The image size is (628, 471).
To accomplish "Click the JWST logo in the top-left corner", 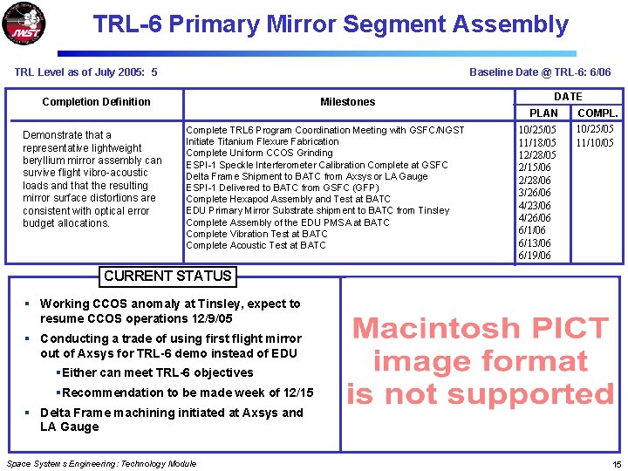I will (25, 25).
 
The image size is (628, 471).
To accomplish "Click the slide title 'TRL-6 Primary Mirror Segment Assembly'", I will (331, 24).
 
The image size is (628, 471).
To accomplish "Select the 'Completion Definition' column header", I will (96, 102).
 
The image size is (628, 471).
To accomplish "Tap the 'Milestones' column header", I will (347, 102).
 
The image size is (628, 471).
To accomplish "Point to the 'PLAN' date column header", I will (543, 113).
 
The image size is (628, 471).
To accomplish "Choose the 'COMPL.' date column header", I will (597, 113).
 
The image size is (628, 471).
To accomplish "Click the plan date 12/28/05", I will (537, 154).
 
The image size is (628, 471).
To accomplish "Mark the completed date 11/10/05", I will (595, 142).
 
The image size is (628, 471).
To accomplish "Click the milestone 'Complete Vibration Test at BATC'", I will (256, 234).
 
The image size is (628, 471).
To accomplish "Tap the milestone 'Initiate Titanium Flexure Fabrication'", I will (262, 141).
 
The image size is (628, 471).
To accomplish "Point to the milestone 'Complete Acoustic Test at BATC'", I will (256, 245).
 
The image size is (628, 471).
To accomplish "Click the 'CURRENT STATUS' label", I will (167, 276).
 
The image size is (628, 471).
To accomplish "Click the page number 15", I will (616, 464).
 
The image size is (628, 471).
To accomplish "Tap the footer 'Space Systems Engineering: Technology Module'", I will (101, 464).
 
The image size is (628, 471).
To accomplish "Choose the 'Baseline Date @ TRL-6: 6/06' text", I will (540, 72).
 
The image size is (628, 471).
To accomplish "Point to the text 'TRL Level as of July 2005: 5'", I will (86, 72).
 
